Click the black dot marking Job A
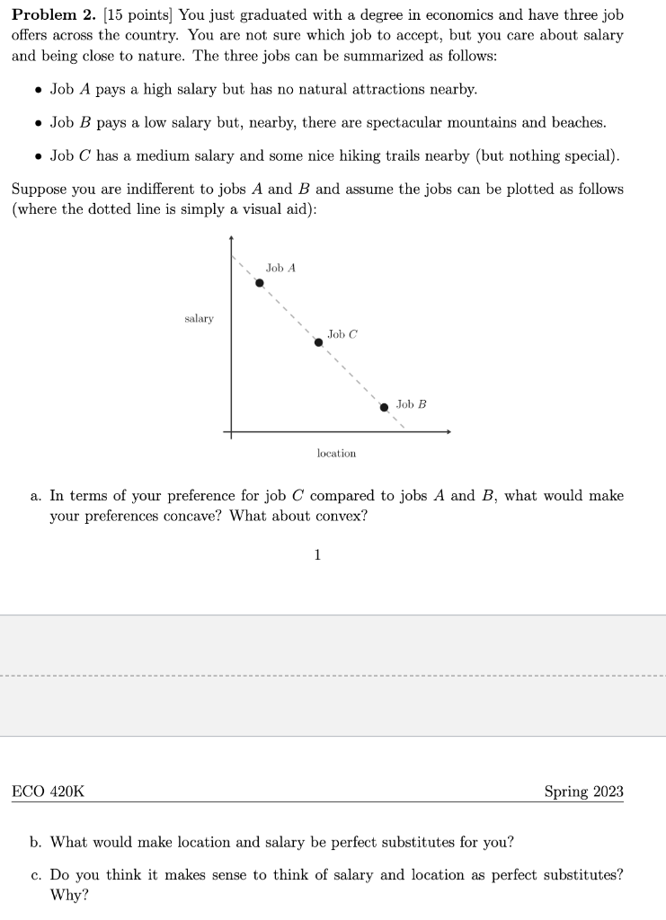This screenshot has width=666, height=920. [x=260, y=282]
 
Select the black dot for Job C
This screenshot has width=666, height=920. [x=317, y=342]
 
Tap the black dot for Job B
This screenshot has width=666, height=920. [x=384, y=407]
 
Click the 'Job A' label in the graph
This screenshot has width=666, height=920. [x=280, y=268]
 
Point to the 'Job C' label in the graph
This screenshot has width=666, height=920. [x=342, y=334]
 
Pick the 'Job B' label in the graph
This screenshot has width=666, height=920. [x=411, y=404]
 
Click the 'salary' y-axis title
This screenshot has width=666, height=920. [x=199, y=319]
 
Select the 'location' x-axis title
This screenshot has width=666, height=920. [x=336, y=454]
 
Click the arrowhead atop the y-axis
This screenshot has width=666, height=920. [x=232, y=240]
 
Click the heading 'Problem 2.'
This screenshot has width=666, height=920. [x=53, y=16]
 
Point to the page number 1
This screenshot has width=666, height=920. [x=316, y=554]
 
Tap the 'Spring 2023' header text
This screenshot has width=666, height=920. [x=583, y=792]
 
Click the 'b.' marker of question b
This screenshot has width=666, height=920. [x=36, y=842]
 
